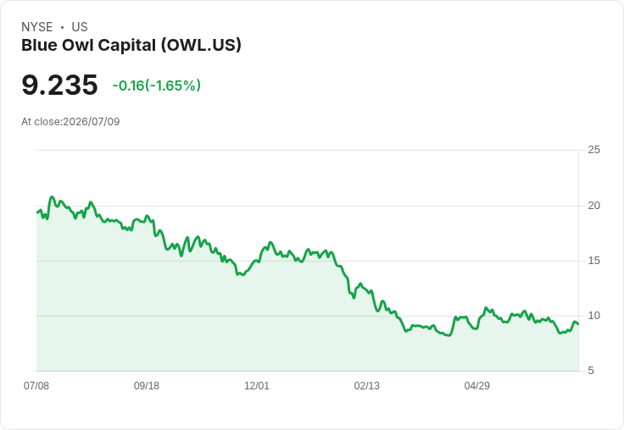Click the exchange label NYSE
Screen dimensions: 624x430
tap(37, 27)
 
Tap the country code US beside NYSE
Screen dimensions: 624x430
tap(80, 27)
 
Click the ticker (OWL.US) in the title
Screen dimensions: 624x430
tap(201, 46)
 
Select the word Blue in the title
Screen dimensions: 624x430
tap(39, 46)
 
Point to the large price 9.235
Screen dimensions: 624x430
tap(59, 85)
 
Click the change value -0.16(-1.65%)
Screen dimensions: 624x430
tap(156, 85)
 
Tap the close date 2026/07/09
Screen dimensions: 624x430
tap(92, 122)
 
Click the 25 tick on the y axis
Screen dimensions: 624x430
tap(594, 150)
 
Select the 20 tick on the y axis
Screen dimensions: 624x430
tap(594, 206)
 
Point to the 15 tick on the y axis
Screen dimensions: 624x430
tap(594, 261)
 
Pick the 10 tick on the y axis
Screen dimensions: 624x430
tap(594, 316)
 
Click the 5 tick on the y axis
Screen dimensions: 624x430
tap(591, 371)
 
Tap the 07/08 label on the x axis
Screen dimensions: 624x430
tap(36, 385)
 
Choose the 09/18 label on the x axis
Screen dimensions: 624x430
tap(147, 385)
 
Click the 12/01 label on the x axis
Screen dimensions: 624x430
tap(257, 385)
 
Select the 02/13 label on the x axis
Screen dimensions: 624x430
tap(367, 385)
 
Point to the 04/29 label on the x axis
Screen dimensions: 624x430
tap(477, 385)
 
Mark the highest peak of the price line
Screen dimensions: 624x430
tap(52, 196)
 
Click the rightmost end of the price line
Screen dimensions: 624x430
tap(578, 324)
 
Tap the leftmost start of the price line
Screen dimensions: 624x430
tap(37, 212)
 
